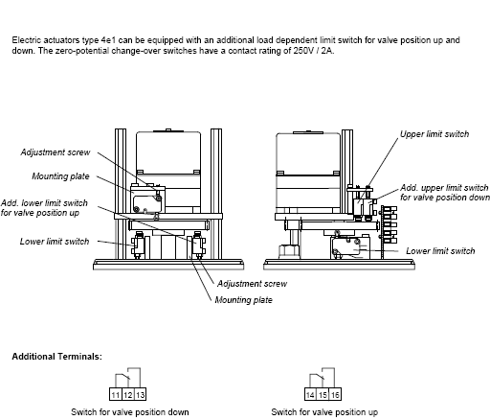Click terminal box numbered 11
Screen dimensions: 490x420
(x=116, y=394)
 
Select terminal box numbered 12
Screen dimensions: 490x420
(x=128, y=394)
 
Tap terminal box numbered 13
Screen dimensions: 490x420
(x=140, y=394)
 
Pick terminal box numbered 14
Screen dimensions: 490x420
(x=310, y=394)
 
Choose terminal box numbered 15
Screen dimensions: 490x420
(x=323, y=394)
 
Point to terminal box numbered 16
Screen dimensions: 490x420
(x=335, y=394)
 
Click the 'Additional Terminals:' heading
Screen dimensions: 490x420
(x=57, y=357)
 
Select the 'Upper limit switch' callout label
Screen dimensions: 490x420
(x=434, y=134)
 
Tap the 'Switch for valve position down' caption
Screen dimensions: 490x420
(x=130, y=412)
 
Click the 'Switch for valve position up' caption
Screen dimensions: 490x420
(x=324, y=412)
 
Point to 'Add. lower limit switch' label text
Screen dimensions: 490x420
(x=44, y=203)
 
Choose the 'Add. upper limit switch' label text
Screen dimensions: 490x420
(x=444, y=187)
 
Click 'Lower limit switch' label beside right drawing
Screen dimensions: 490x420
(x=440, y=251)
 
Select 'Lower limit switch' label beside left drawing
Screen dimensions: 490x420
(x=55, y=242)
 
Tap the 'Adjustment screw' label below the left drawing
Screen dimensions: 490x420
(x=252, y=284)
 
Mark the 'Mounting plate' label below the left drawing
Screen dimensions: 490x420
(x=244, y=300)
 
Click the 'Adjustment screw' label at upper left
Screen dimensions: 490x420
(x=56, y=152)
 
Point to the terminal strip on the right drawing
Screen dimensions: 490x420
(x=389, y=226)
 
